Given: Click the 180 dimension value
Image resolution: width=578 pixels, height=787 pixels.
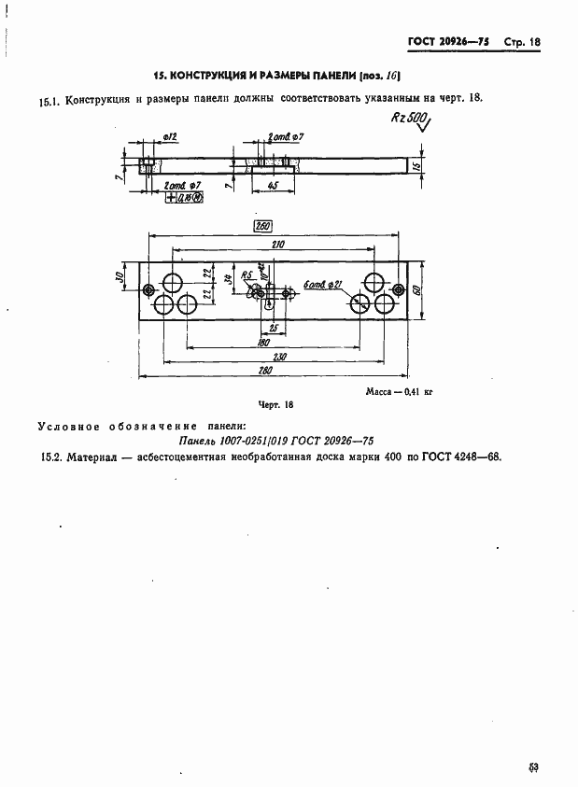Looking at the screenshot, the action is [x=264, y=343].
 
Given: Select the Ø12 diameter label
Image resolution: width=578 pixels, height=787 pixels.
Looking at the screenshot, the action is [x=170, y=137].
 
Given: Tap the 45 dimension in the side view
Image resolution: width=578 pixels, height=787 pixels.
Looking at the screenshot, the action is [x=272, y=185].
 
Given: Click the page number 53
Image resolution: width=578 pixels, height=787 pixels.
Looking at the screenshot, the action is [x=534, y=767].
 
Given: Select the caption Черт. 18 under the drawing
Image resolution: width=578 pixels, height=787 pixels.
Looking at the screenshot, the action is [x=275, y=404].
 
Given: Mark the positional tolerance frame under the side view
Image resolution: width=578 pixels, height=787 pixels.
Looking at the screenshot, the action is [x=184, y=197].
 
